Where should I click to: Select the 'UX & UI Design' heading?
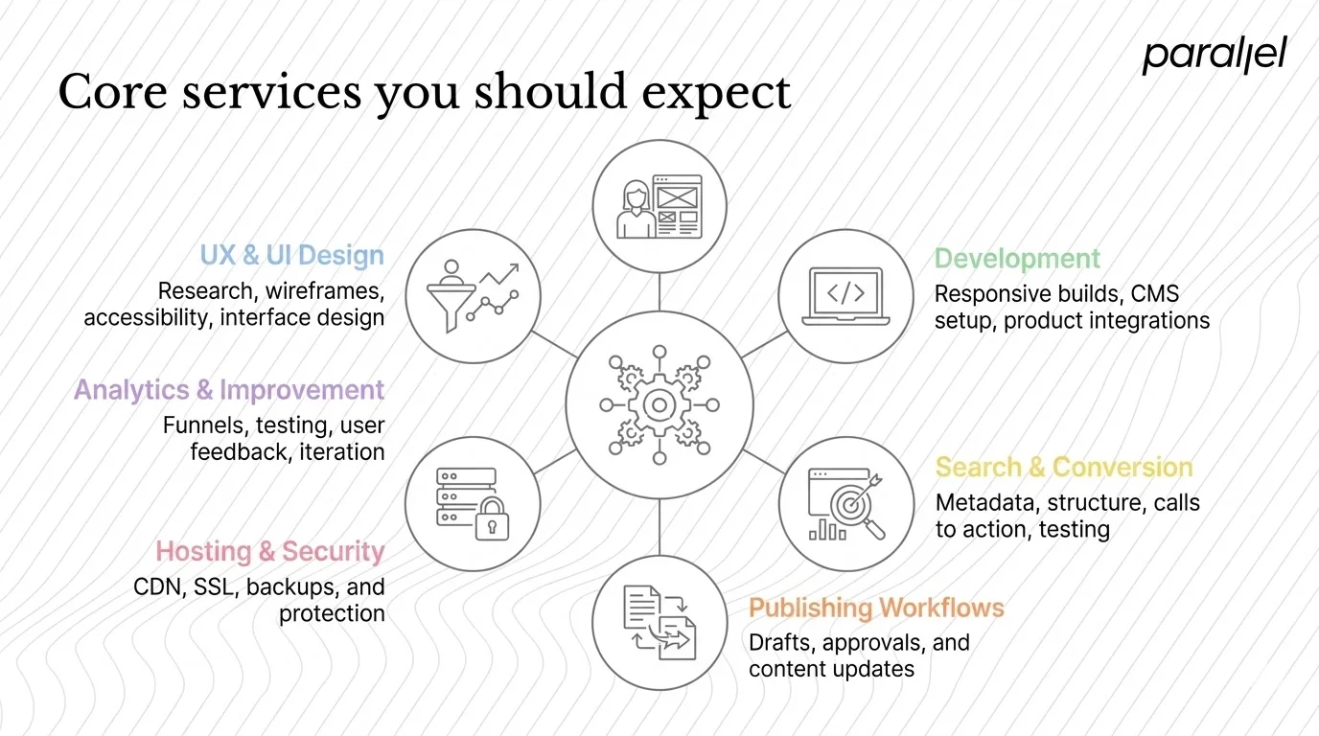point(291,256)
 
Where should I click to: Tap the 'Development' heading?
point(1017,259)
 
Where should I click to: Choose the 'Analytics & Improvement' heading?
point(229,390)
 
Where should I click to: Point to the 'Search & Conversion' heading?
point(1064,468)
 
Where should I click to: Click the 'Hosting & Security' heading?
point(269,552)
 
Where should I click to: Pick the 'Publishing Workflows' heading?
point(876,608)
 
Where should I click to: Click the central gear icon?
point(659,405)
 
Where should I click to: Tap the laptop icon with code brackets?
point(845,296)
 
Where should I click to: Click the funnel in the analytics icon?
point(451,299)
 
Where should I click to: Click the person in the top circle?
point(633,208)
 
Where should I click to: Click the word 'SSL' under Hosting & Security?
point(213,586)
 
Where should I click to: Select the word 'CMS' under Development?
point(1155,293)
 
